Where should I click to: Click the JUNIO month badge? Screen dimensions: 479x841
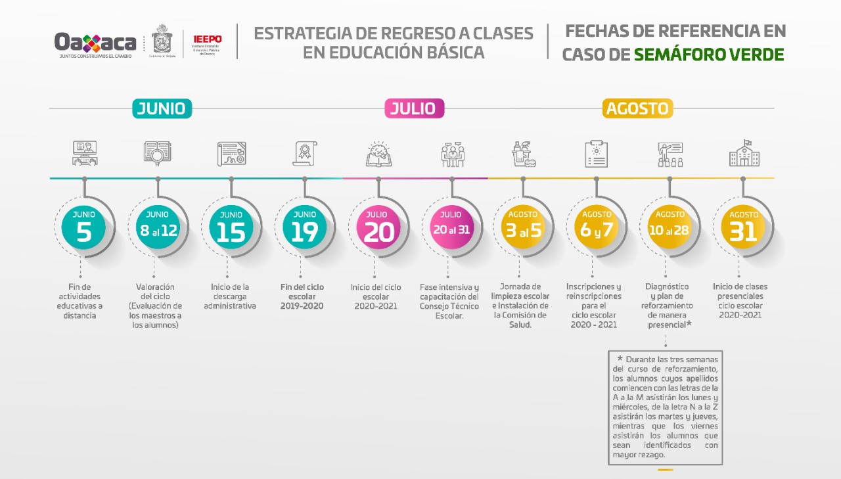[162, 108]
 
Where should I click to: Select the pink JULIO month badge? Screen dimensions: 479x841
[414, 108]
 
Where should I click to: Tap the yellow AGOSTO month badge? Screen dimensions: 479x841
[637, 108]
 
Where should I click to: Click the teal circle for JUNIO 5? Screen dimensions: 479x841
[83, 227]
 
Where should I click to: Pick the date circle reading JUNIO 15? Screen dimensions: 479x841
[231, 227]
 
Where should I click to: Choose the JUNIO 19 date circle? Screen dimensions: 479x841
[304, 227]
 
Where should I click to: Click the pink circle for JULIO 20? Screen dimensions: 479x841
[378, 227]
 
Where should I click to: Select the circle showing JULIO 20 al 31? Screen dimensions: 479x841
[451, 227]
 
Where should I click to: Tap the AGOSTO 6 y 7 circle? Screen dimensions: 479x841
[597, 227]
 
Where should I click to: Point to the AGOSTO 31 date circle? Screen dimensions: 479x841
[743, 227]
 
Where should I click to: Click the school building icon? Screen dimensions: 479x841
[744, 154]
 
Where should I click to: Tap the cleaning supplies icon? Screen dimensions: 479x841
[524, 154]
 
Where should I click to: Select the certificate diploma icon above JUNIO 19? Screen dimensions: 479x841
[305, 154]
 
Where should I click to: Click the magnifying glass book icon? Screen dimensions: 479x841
[157, 154]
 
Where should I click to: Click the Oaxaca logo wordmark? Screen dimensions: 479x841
[95, 43]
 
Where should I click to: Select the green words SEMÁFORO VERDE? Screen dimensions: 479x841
[709, 54]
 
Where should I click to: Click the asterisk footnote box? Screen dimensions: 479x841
[665, 407]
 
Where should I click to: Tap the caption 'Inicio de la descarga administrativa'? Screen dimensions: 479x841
[230, 296]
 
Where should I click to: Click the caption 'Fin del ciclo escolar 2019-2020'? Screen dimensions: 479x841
[302, 296]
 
